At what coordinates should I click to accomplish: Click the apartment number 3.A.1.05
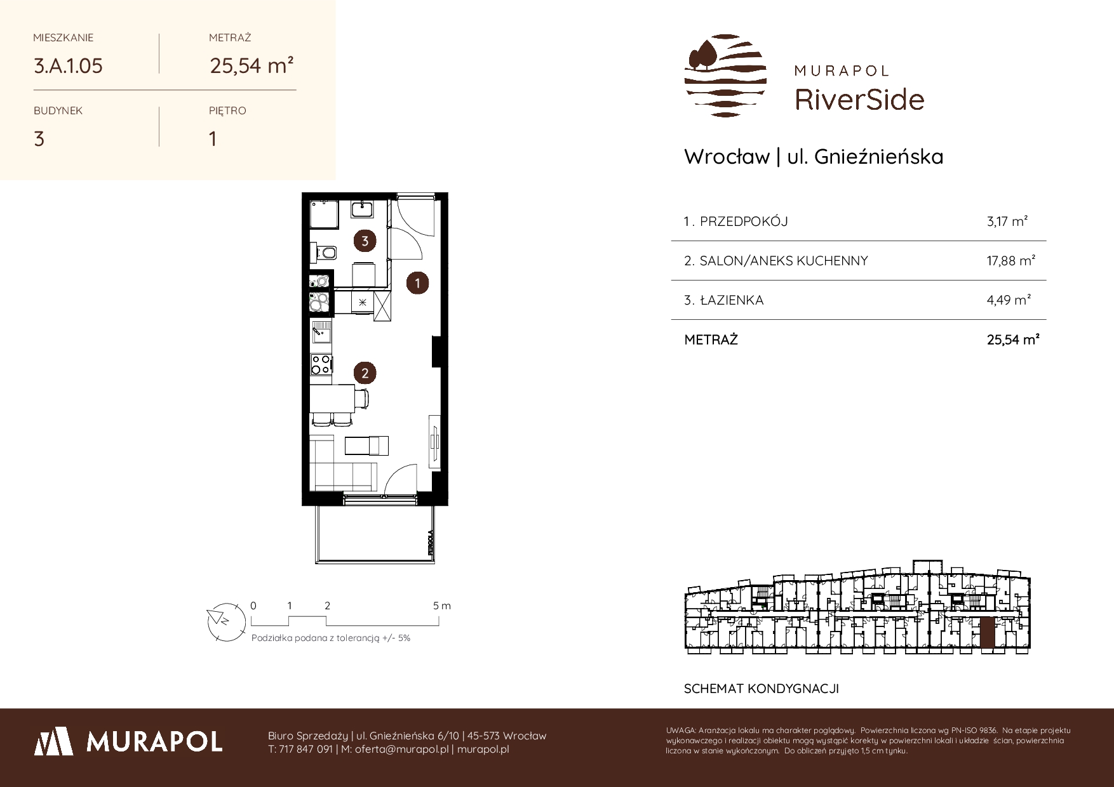pyautogui.click(x=68, y=66)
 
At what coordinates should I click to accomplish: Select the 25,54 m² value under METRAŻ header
pyautogui.click(x=252, y=65)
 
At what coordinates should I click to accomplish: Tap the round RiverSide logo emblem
pyautogui.click(x=725, y=76)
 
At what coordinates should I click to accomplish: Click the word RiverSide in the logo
pyautogui.click(x=859, y=100)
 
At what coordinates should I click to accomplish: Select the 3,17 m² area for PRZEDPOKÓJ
pyautogui.click(x=1007, y=222)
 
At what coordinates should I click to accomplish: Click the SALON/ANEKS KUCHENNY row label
pyautogui.click(x=783, y=261)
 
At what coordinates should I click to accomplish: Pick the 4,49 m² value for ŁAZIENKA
pyautogui.click(x=1009, y=300)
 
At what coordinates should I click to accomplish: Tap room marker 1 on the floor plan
pyautogui.click(x=417, y=283)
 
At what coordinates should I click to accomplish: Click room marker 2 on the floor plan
pyautogui.click(x=365, y=373)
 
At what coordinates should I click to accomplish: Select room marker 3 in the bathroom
pyautogui.click(x=365, y=241)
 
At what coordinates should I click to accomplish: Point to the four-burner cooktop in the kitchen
pyautogui.click(x=321, y=364)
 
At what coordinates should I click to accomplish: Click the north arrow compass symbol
pyautogui.click(x=225, y=619)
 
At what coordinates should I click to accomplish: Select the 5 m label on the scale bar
pyautogui.click(x=442, y=606)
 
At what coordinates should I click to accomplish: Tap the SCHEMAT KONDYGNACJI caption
pyautogui.click(x=762, y=689)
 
